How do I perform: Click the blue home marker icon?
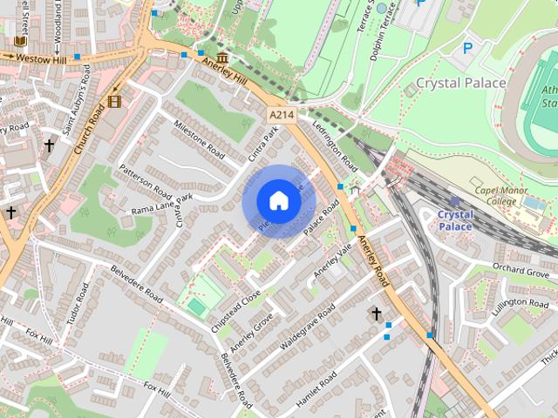pyautogui.click(x=278, y=200)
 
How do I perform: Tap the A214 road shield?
pyautogui.click(x=282, y=115)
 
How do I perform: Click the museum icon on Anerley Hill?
pyautogui.click(x=222, y=58)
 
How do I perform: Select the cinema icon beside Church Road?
pyautogui.click(x=116, y=101)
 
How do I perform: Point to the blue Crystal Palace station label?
pyautogui.click(x=454, y=220)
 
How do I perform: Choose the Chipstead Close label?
pyautogui.click(x=235, y=307)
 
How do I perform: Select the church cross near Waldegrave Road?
pyautogui.click(x=377, y=313)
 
